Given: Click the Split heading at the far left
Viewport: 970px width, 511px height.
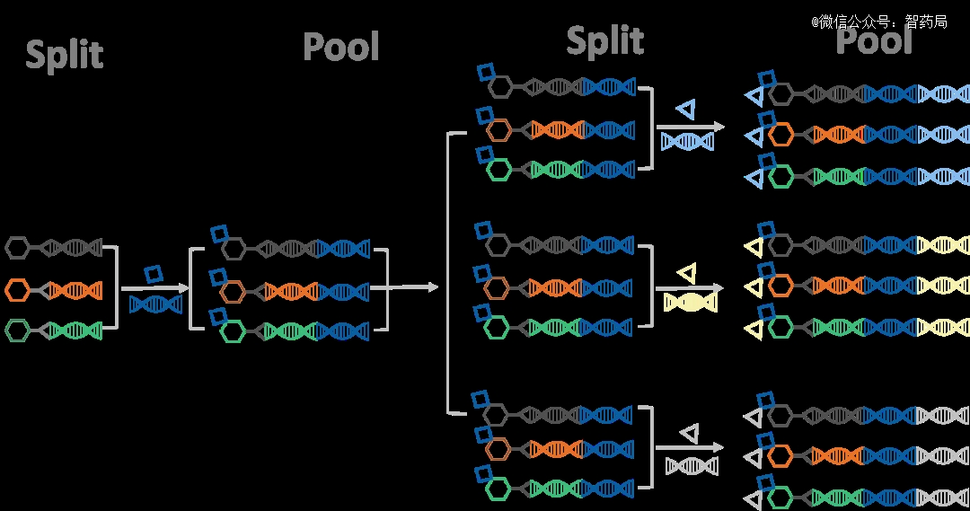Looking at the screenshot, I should (x=64, y=55).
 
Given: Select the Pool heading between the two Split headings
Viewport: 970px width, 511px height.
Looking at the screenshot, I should (x=341, y=46).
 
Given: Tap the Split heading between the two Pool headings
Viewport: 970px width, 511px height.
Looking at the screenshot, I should (x=604, y=40).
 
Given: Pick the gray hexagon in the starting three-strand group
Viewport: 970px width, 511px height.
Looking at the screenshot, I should (x=19, y=246).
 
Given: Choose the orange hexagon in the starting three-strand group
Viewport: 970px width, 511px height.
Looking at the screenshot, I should (x=19, y=289).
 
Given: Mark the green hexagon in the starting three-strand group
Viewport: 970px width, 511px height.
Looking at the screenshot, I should (x=19, y=330).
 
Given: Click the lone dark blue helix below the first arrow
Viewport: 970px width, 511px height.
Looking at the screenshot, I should (x=155, y=304).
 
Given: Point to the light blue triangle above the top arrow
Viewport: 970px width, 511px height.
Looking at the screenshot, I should (x=686, y=110).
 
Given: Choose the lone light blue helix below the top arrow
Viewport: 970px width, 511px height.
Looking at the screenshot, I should (x=687, y=141).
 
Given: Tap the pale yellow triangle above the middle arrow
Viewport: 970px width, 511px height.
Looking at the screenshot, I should (x=687, y=272).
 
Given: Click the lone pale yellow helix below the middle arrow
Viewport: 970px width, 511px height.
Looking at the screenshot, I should (x=689, y=303).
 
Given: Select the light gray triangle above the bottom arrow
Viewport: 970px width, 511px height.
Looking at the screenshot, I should (x=689, y=434).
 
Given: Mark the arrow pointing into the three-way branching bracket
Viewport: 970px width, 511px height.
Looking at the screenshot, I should (x=413, y=287).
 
